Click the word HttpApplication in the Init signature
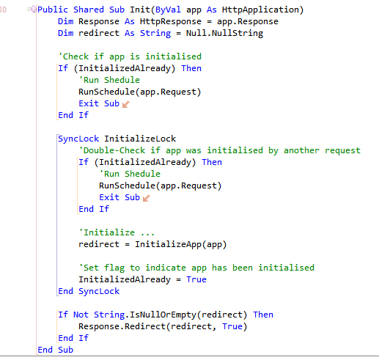click(x=260, y=10)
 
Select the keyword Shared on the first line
click(x=89, y=10)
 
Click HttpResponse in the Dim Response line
click(x=171, y=21)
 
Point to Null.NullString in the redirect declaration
click(x=224, y=33)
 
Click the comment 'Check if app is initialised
click(x=130, y=56)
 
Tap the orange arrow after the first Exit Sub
click(x=125, y=104)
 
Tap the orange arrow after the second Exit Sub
click(x=146, y=198)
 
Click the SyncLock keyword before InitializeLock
click(x=78, y=139)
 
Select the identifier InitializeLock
click(x=140, y=139)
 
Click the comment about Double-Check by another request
click(x=219, y=150)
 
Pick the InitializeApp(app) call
click(x=181, y=244)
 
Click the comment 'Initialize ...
click(x=117, y=232)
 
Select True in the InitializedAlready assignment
click(x=196, y=279)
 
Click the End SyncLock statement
click(x=89, y=291)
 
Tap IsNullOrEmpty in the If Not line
click(x=163, y=315)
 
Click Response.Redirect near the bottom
click(x=122, y=326)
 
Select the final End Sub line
click(x=56, y=350)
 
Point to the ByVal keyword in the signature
click(x=168, y=10)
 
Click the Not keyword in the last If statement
click(x=81, y=315)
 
